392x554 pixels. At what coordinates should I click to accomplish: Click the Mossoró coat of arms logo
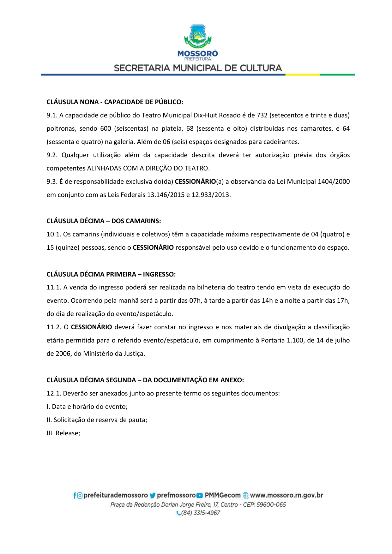coord(198,36)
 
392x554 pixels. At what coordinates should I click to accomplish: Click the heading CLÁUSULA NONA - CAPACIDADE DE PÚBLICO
coord(115,102)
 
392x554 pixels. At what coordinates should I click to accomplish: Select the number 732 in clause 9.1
coord(262,115)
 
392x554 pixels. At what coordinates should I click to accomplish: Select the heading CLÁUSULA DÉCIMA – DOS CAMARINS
coord(104,221)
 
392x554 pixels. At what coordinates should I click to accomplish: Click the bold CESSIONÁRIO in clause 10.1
coord(153,247)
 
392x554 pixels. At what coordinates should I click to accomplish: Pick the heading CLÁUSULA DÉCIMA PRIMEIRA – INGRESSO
coord(111,274)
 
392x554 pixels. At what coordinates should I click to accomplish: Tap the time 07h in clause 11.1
coord(195,301)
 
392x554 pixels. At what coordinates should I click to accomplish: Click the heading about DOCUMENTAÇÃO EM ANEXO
coord(145,380)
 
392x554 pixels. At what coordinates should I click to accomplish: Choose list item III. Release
coord(63,433)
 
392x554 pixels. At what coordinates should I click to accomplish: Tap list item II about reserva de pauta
coord(97,420)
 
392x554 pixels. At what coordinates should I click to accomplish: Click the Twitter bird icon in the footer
coord(153,496)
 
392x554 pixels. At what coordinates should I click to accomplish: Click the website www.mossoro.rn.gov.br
coord(286,495)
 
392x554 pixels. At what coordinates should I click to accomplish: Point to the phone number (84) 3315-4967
coord(200,513)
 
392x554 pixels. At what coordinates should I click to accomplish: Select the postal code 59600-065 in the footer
coord(271,504)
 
